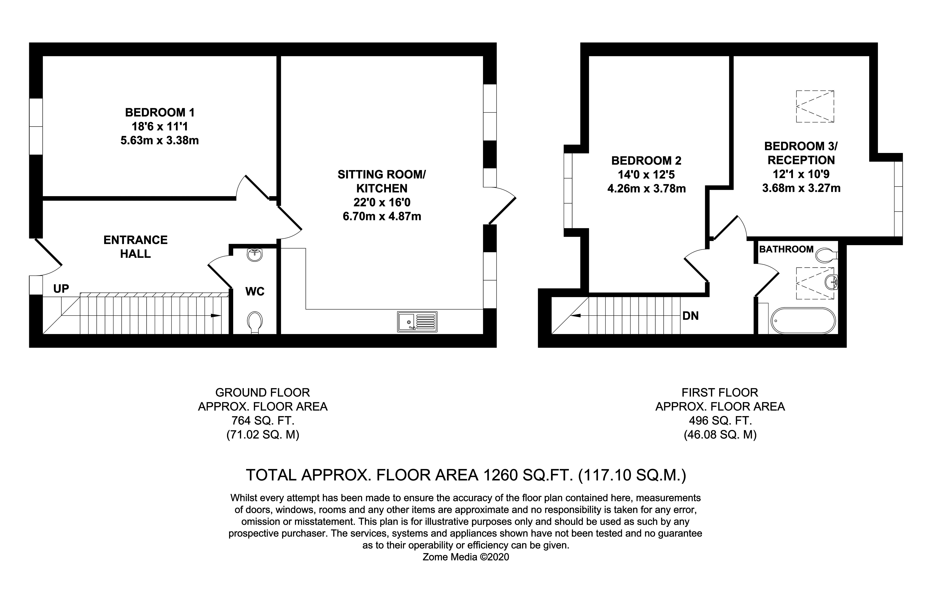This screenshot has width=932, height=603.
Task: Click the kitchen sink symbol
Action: coord(417,322)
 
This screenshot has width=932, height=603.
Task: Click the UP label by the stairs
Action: coord(61,289)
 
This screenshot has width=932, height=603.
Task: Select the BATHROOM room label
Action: coord(786,249)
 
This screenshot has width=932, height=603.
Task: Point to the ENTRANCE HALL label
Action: coord(136,246)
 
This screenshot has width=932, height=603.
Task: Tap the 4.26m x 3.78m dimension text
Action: coord(646,189)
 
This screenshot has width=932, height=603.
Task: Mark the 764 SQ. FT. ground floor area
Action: coord(263,421)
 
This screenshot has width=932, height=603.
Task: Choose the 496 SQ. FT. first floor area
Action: coord(720,421)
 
